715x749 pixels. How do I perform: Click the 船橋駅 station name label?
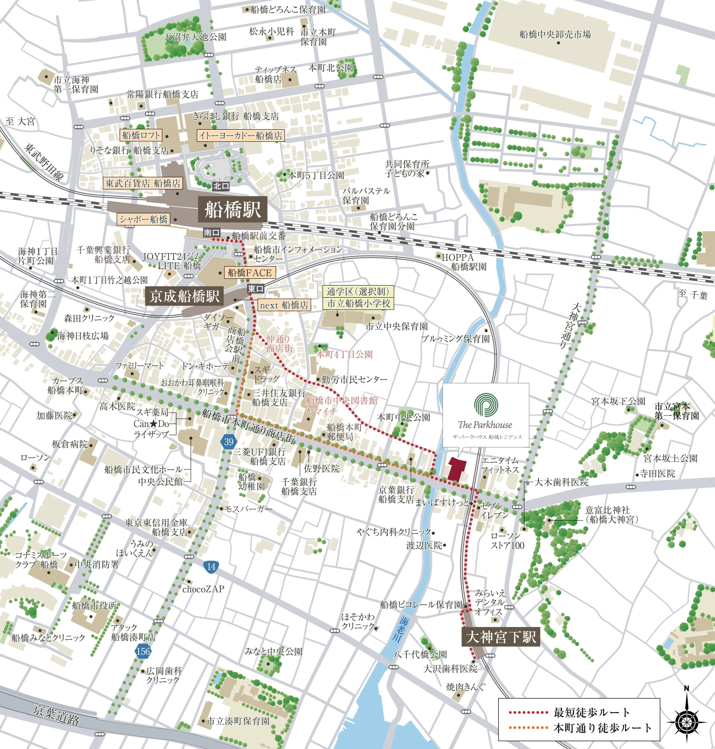[233, 210]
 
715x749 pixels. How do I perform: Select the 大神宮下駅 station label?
[501, 637]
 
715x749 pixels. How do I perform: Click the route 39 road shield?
[228, 442]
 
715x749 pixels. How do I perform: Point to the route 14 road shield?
[211, 566]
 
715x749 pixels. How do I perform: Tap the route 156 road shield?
[143, 651]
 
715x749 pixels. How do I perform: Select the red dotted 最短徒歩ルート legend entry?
[569, 713]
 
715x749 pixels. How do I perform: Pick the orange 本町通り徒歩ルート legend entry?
[579, 728]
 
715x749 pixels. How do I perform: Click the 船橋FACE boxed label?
[250, 273]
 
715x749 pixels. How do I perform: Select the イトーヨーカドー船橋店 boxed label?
[241, 136]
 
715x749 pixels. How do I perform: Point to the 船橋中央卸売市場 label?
[555, 34]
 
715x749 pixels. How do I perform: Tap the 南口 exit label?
[211, 233]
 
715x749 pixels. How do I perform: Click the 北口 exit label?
[221, 186]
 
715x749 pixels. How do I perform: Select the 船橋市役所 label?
[95, 606]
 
